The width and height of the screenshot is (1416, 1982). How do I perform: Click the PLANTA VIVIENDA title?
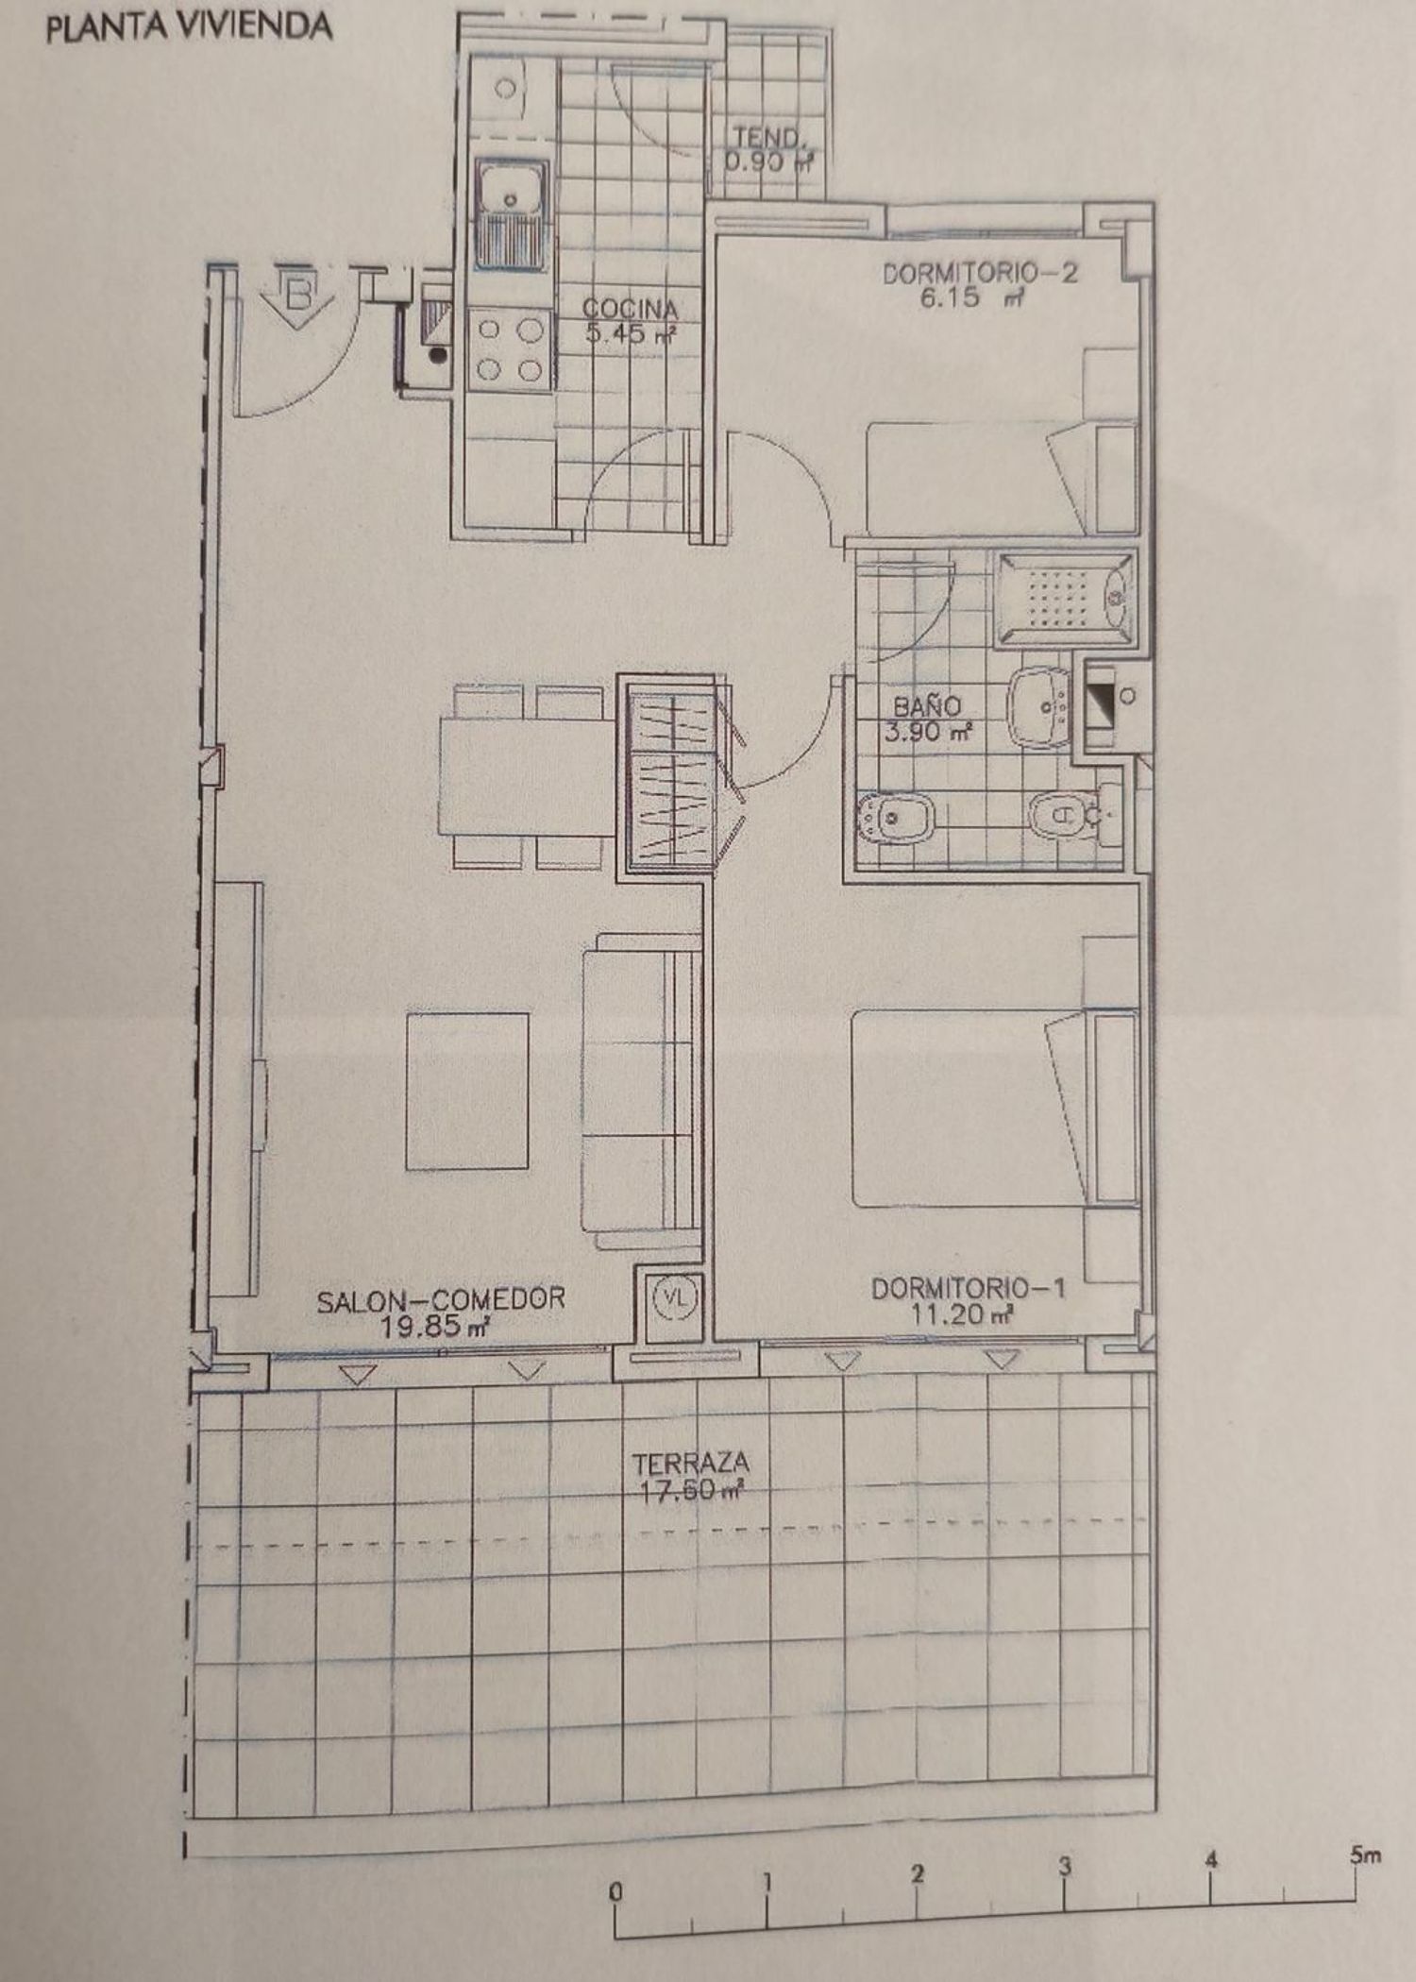point(189,27)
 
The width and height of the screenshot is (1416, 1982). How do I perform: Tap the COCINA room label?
point(630,308)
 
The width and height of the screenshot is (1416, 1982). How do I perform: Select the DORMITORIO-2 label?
point(980,273)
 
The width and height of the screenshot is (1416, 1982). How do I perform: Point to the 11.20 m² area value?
point(962,1313)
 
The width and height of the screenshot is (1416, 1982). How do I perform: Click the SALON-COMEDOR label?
point(441,1299)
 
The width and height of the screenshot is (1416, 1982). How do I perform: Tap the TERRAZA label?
point(691,1464)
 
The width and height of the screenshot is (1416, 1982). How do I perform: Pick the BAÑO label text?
point(927,705)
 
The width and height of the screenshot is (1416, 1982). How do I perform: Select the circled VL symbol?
point(674,1297)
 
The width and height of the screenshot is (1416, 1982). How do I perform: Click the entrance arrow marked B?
point(298,297)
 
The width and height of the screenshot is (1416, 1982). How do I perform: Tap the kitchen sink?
point(512,213)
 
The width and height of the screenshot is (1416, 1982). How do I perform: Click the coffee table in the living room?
point(467,1092)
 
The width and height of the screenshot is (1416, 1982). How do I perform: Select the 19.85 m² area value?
point(434,1326)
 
